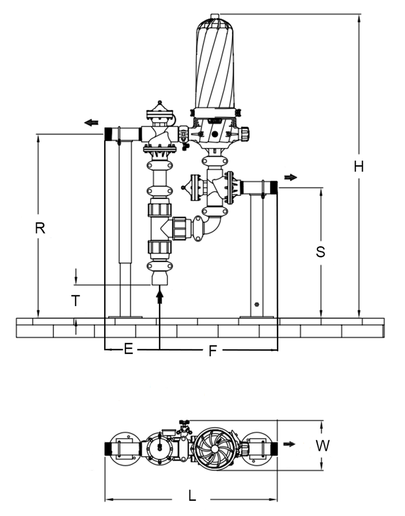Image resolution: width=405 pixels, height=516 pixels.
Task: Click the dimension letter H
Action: (x=359, y=167)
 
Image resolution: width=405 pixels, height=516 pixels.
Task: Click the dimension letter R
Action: (x=40, y=228)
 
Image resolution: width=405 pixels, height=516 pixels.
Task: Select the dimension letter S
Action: (x=320, y=252)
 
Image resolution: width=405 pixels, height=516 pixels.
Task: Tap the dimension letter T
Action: (x=76, y=301)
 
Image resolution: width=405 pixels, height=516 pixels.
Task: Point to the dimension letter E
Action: (x=129, y=349)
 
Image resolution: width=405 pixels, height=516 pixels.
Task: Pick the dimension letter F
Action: (x=213, y=351)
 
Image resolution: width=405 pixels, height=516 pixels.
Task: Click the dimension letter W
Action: (x=322, y=446)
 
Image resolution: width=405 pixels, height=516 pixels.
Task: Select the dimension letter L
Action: (x=192, y=495)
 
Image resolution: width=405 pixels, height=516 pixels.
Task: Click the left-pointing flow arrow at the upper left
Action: (x=91, y=123)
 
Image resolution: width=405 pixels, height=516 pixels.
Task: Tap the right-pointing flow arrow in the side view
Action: (x=291, y=178)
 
